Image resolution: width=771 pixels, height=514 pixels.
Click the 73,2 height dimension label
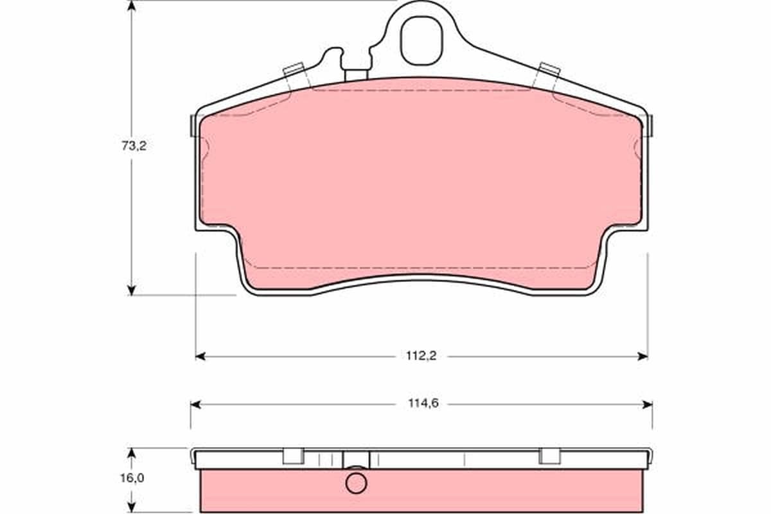point(134,146)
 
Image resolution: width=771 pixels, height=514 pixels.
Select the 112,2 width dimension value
point(421,356)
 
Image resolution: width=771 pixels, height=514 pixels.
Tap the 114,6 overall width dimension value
point(423,403)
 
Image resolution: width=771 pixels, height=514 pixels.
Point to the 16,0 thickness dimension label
point(132,478)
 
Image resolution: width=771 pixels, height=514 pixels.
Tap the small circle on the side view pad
point(356,483)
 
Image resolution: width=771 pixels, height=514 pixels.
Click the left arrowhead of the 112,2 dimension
point(200,357)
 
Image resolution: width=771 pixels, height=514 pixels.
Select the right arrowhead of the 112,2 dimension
point(642,357)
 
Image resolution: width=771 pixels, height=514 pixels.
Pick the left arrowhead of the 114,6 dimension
point(195,405)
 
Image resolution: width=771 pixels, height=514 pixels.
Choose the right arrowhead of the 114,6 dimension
point(648,405)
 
